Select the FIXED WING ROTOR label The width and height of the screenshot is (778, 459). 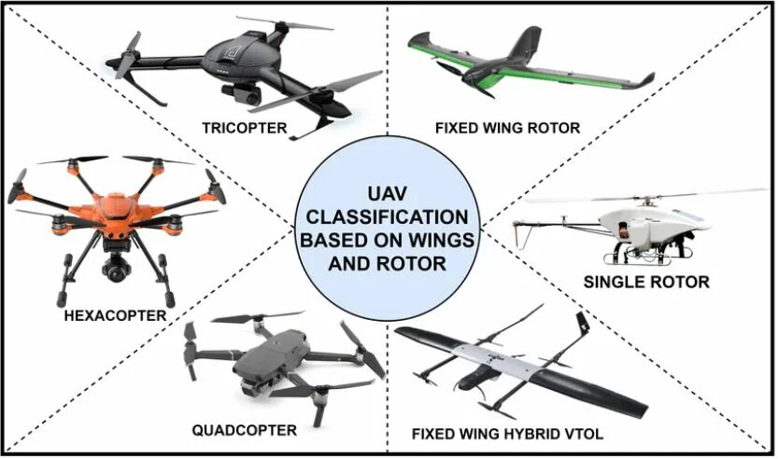point(508,128)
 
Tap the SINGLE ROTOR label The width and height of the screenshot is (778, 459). point(645,281)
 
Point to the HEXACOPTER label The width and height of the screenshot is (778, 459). point(115,315)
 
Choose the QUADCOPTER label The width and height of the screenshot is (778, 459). point(244,430)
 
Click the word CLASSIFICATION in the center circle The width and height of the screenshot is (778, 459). point(388,216)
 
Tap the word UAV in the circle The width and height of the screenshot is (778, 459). point(388,192)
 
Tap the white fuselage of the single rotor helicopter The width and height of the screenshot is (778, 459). point(644,221)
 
